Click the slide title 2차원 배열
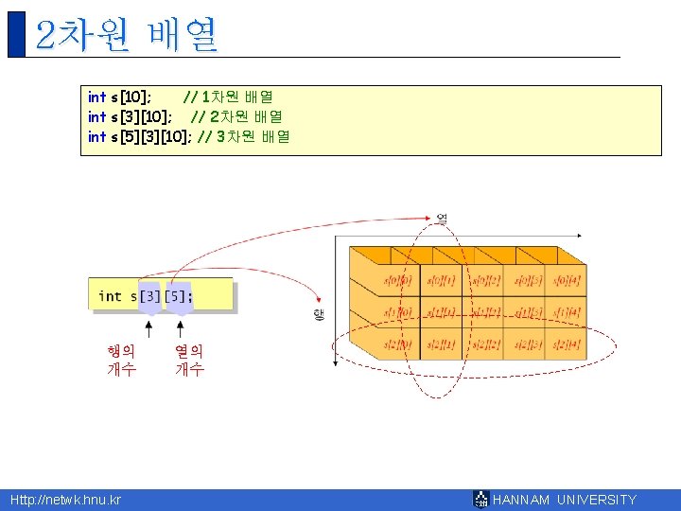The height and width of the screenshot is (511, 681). (x=126, y=35)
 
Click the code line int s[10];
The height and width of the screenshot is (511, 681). (x=119, y=97)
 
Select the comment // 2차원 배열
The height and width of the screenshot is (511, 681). (x=236, y=116)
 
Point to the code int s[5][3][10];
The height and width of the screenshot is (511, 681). (x=140, y=136)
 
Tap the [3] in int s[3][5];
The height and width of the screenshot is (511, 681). (x=149, y=296)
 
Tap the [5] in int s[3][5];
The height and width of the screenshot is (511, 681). (x=179, y=296)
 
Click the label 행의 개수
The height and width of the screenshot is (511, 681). (x=121, y=360)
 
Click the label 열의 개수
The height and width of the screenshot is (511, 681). (x=188, y=360)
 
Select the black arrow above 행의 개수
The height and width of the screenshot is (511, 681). (x=148, y=326)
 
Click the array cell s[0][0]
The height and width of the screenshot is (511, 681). (x=397, y=280)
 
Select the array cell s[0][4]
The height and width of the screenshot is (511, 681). (x=567, y=280)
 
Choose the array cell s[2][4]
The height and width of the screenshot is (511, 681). (x=567, y=344)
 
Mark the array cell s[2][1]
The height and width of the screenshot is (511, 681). (x=441, y=344)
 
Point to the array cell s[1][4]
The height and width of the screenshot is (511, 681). (x=567, y=312)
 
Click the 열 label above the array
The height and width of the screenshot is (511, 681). (x=441, y=219)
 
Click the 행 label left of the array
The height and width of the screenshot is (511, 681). (x=318, y=314)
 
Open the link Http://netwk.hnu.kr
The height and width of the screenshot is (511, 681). (x=65, y=500)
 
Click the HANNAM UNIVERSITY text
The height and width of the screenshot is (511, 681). (x=565, y=500)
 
